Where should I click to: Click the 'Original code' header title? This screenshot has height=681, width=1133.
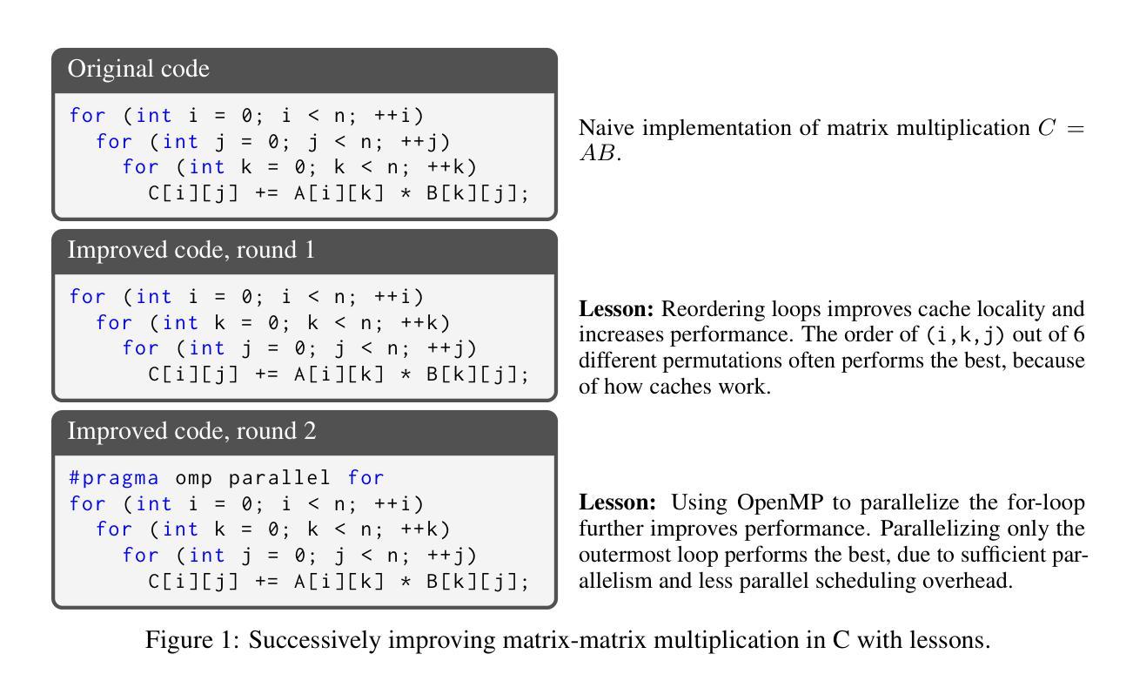click(138, 69)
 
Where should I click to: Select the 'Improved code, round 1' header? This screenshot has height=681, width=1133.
click(191, 251)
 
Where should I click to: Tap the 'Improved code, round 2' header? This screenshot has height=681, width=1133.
click(191, 432)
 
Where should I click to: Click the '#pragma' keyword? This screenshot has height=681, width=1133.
click(114, 477)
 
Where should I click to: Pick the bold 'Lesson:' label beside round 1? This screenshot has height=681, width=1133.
click(616, 309)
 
